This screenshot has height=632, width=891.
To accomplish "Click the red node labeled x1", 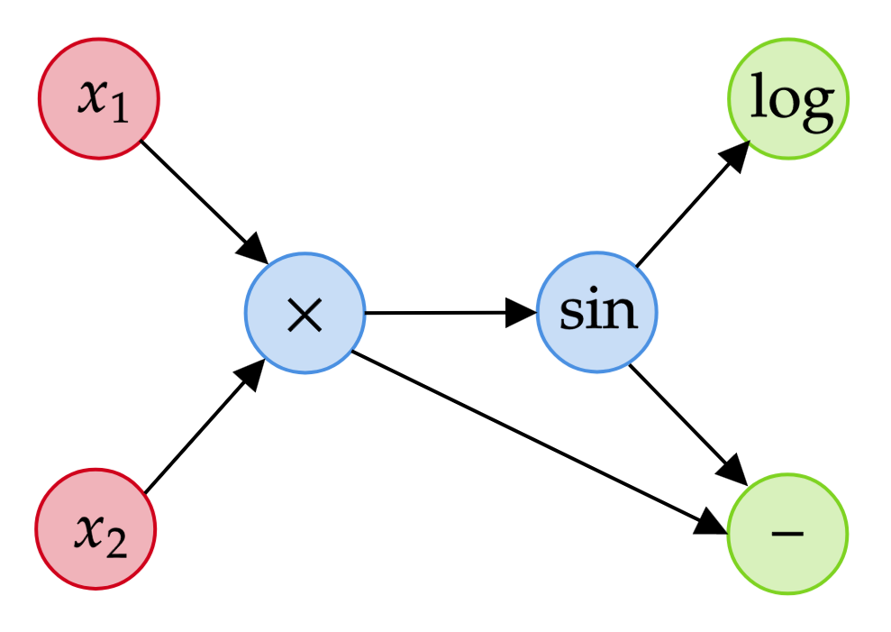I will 98,98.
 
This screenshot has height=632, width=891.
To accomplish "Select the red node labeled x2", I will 96,529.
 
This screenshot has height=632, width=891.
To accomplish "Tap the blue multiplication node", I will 305,314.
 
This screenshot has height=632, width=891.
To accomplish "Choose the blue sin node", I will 597,313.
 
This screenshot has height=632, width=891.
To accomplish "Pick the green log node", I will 788,99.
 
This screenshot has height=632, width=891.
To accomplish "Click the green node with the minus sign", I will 787,534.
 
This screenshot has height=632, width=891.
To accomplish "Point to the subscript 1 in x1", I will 119,111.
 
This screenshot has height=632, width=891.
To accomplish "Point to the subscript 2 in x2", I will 116,543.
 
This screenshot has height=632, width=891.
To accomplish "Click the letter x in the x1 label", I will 92,96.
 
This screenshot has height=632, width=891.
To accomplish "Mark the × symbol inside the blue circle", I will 305,316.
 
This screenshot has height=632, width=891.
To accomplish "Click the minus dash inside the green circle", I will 787,534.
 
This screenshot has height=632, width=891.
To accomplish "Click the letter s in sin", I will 571,313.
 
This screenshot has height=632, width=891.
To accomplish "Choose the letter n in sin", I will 619,313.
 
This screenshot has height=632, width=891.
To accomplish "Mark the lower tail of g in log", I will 817,125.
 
